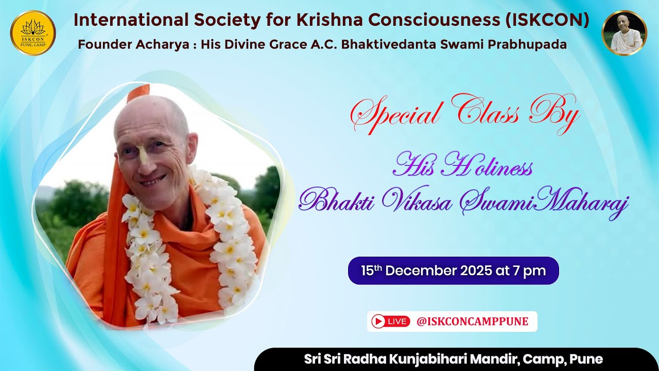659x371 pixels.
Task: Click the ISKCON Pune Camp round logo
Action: [x=33, y=32]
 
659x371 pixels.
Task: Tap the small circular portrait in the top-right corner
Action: [x=624, y=33]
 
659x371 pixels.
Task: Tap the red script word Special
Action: [x=393, y=115]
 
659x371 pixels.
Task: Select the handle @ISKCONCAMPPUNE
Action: [x=472, y=322]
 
